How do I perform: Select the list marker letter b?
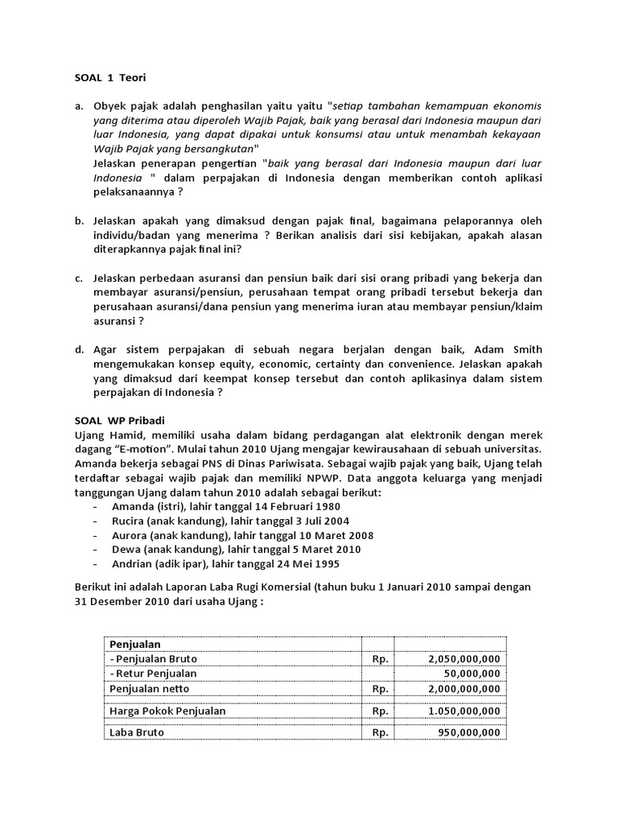tap(79, 220)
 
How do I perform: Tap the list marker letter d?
tap(79, 349)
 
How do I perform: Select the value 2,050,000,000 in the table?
tap(459, 658)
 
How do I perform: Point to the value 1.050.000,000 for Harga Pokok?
tap(459, 711)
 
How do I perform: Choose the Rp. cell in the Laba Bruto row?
tap(380, 732)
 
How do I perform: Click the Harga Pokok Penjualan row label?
tap(167, 711)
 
